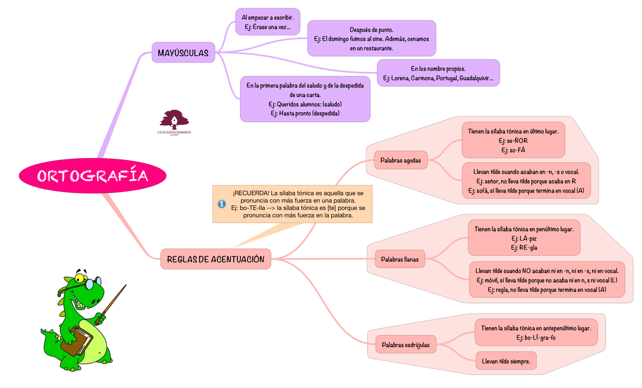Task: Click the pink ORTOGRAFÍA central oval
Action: point(93,176)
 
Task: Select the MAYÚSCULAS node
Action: point(183,53)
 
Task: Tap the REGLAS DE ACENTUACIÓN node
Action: point(216,259)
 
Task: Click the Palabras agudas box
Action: point(400,160)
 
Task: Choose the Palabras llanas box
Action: point(400,259)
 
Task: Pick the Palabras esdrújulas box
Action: point(405,345)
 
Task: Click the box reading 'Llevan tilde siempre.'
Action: point(506,361)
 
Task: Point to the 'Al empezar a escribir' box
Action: point(267,22)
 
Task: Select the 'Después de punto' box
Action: point(371,38)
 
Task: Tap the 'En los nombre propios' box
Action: point(438,73)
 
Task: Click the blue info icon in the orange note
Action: point(222,204)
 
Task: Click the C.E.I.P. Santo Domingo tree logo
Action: point(174,121)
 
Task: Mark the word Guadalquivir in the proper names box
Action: point(476,78)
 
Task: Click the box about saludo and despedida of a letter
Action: point(305,99)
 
